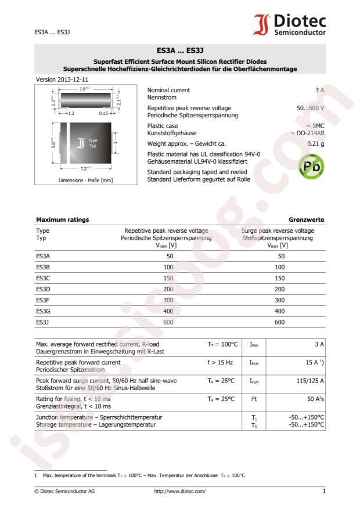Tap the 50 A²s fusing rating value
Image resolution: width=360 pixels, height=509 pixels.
pyautogui.click(x=314, y=416)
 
